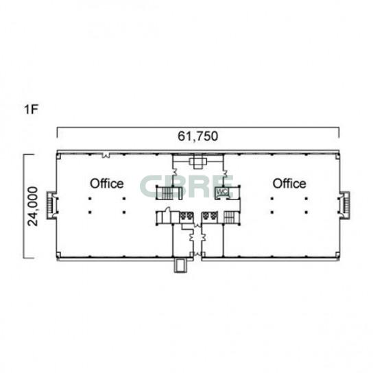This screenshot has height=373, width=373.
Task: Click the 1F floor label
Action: [31, 110]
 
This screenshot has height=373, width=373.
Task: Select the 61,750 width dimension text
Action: [197, 136]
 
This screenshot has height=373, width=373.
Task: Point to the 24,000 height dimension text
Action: [33, 206]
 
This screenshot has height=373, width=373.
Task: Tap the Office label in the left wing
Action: [107, 184]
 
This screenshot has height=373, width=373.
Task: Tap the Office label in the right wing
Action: [289, 184]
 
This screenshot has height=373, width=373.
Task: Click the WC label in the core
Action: [221, 192]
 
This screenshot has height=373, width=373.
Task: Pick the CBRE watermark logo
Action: [187, 186]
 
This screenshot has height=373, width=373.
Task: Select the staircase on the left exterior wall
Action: [51, 205]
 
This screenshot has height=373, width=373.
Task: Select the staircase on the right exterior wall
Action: [345, 205]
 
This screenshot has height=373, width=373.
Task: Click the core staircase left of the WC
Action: [169, 193]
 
